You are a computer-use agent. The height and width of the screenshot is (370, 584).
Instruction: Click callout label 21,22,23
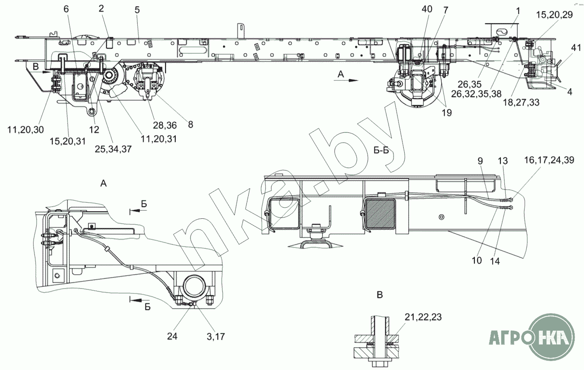point(423,317)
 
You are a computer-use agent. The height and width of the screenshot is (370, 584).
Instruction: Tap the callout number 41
point(574,48)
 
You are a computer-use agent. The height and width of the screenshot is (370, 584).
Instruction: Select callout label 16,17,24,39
point(549,160)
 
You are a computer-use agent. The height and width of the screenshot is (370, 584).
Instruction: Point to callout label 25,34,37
point(113,149)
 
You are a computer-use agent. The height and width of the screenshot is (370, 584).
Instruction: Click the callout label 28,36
point(165,125)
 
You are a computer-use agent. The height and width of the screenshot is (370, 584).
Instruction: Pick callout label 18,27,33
point(521,102)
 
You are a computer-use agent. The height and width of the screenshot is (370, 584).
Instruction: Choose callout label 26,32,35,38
point(476,94)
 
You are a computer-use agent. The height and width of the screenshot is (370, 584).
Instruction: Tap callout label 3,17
point(216,336)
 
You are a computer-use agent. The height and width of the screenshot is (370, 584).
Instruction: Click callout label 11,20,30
point(25,130)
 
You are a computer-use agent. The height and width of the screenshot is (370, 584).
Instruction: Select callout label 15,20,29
point(554,15)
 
